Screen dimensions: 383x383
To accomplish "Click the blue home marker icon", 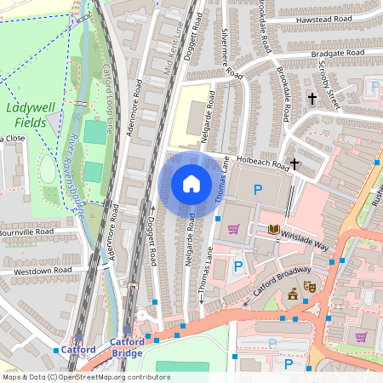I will [191, 184].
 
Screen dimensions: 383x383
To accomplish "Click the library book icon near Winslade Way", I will [274, 229].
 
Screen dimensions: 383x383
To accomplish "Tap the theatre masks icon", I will [310, 288].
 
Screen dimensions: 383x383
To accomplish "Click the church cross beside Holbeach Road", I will [294, 163].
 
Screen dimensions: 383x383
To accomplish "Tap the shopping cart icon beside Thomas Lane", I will [232, 227].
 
